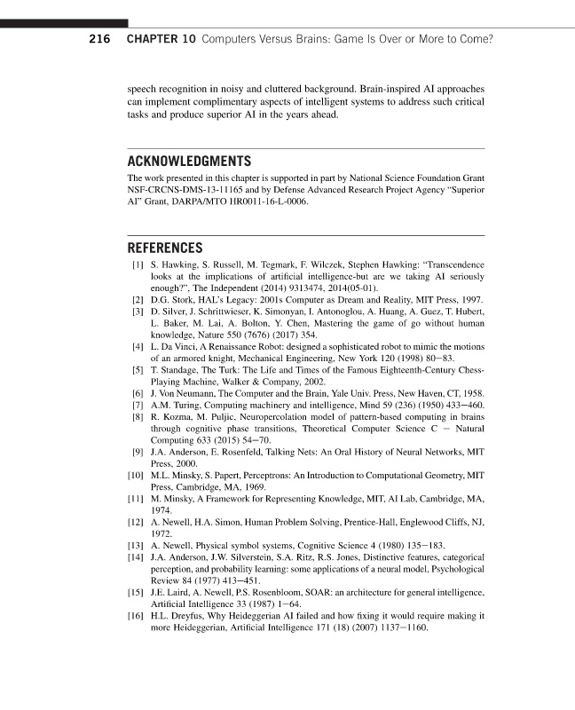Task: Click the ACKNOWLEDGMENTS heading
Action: [190, 162]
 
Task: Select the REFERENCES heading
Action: [166, 248]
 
